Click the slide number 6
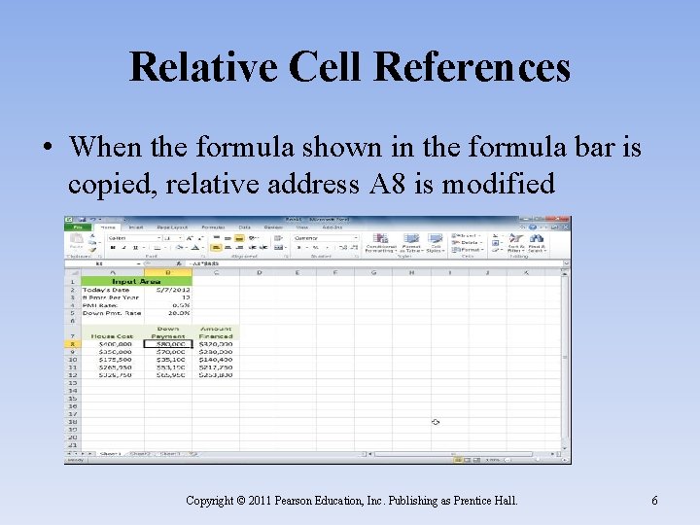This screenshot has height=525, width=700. [x=654, y=501]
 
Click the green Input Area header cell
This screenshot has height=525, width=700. [x=135, y=281]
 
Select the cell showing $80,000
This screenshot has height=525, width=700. [x=168, y=343]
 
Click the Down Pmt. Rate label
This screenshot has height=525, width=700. [x=112, y=313]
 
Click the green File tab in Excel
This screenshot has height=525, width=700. [x=78, y=228]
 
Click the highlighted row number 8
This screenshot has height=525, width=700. [x=72, y=343]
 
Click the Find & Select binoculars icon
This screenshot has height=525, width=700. [x=537, y=239]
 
